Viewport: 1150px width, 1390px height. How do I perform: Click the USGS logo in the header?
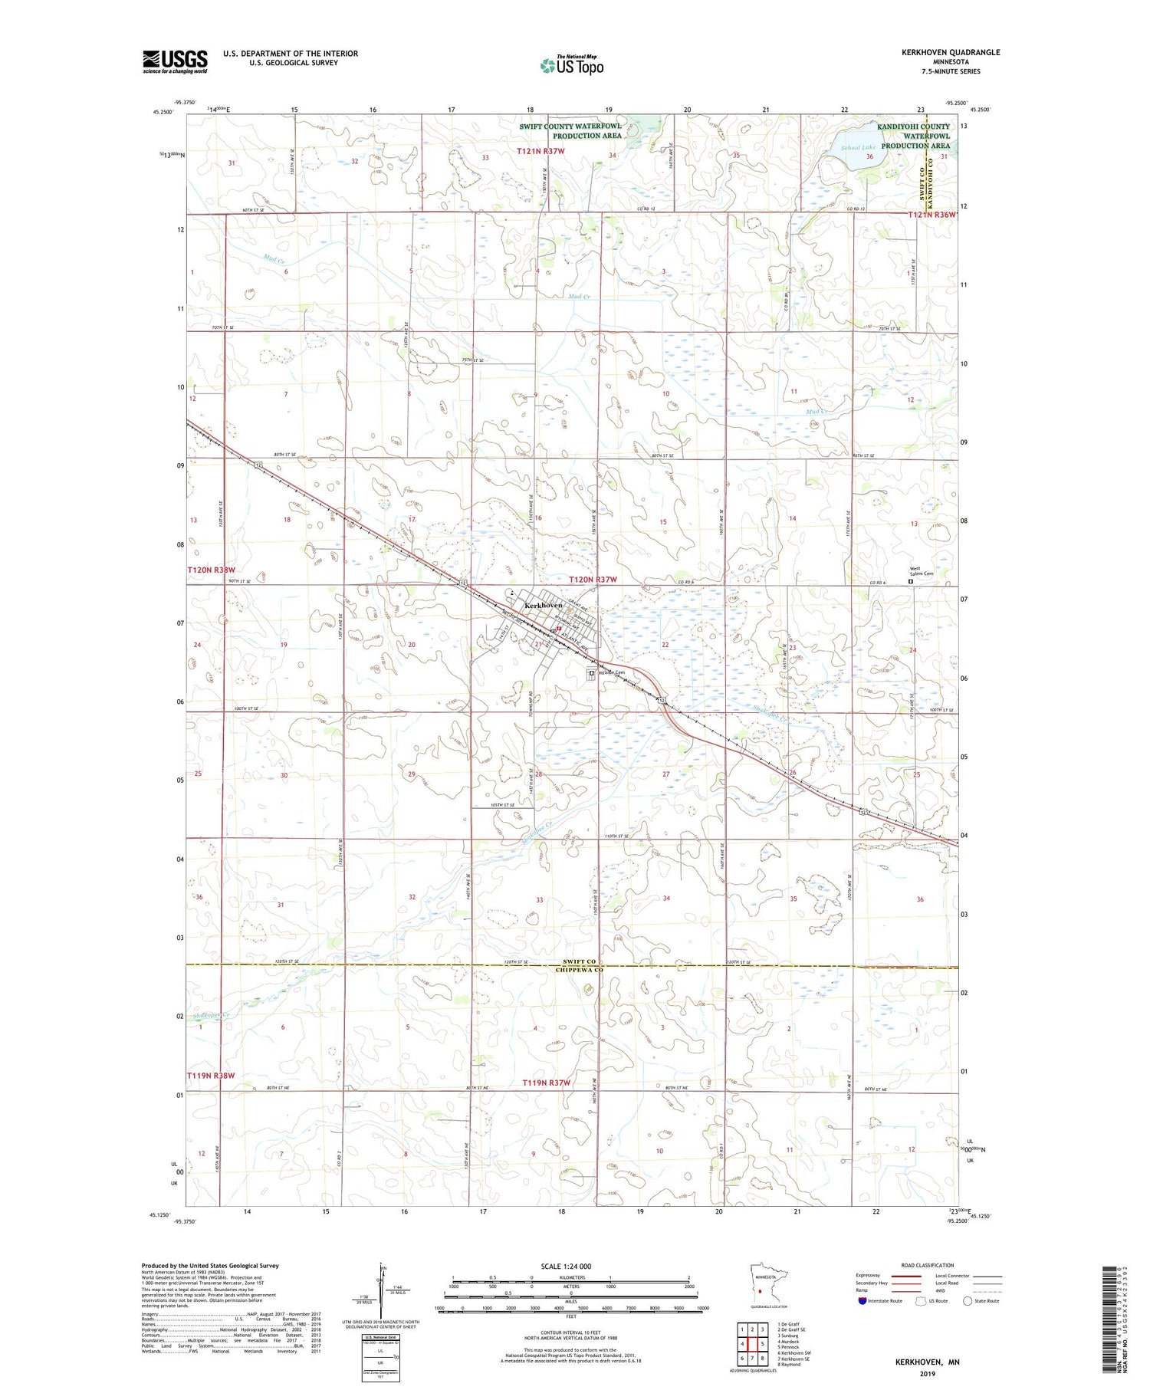coord(175,61)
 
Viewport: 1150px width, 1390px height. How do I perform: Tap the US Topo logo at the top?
coord(572,66)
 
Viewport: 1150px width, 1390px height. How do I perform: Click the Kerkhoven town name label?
coord(544,606)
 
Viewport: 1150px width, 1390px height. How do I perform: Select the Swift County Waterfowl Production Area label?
coord(570,130)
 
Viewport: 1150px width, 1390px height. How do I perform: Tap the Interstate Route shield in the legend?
coord(863,1300)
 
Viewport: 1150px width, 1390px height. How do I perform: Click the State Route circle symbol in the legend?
coord(968,1300)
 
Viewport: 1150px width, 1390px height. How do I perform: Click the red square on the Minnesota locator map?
coord(760,1290)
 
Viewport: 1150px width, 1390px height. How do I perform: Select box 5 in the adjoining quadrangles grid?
coord(763,1343)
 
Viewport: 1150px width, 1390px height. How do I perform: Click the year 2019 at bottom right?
coord(927,1373)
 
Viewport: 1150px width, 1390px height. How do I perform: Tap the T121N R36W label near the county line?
coord(932,215)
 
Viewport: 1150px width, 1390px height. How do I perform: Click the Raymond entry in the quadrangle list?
coord(790,1364)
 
